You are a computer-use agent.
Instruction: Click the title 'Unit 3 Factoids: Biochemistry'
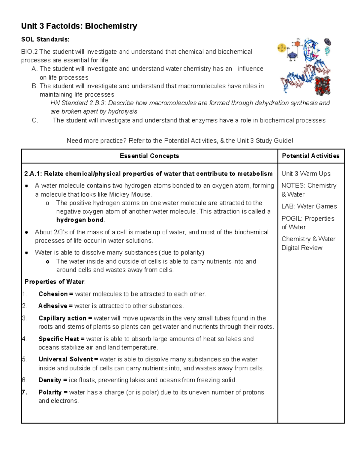79,26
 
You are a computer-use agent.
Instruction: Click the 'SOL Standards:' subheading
45,39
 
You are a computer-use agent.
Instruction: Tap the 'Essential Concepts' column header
149,156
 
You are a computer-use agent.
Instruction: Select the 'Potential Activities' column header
310,156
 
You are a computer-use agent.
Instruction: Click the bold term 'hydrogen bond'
80,220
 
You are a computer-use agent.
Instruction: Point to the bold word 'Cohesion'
53,294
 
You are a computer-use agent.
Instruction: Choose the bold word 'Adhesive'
53,306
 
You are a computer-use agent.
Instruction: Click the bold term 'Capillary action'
62,318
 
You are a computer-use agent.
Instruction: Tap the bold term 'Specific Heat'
59,339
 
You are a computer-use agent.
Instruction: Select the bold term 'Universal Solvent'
66,359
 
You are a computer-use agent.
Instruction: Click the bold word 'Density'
50,380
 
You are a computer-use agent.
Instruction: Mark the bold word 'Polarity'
50,392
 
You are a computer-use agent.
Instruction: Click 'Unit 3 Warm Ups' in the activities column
306,174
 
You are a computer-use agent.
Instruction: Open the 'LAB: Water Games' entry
309,206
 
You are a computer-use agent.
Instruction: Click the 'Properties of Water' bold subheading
54,282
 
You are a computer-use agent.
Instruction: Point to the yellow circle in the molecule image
282,48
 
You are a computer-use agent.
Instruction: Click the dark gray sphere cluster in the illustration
322,86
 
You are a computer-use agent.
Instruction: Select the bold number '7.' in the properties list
25,392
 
